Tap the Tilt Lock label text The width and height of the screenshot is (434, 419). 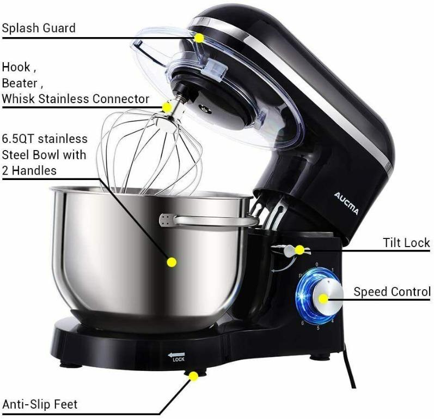tap(406, 243)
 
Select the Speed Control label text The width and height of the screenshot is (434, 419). tap(392, 292)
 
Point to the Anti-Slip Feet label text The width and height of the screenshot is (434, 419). tap(40, 404)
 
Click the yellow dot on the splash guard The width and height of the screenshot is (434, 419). tap(200, 38)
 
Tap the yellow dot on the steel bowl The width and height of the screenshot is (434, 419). tap(172, 262)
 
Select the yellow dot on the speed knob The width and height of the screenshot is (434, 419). tap(324, 298)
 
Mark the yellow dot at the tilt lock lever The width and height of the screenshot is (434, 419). tap(299, 250)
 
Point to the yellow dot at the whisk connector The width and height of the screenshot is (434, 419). tap(167, 108)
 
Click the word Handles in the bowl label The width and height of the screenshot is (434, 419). tap(34, 170)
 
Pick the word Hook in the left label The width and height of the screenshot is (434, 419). tap(15, 68)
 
